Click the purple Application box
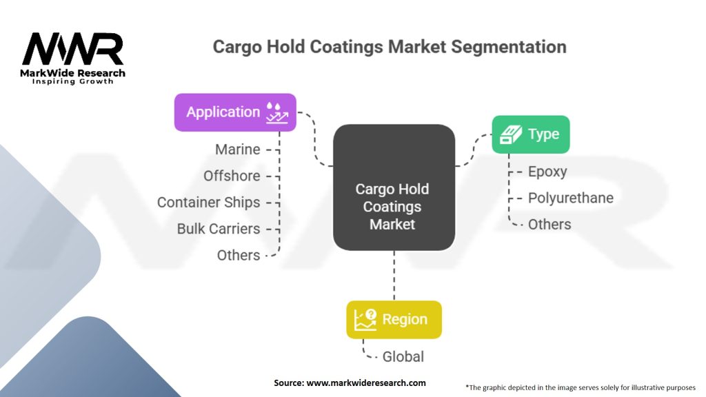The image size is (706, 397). point(235,112)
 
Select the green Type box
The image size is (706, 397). point(530,134)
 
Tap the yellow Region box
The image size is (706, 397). point(394,320)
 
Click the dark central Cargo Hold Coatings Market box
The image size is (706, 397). point(394,187)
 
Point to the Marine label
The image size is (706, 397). point(238,150)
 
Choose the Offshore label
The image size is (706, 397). point(232,176)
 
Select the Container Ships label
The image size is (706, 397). point(208,203)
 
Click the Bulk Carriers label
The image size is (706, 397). point(219,229)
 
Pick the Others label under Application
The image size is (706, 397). point(239,255)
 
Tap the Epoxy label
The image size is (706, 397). point(547,172)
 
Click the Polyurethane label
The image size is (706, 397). point(571,198)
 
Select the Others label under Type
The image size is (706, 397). point(549,224)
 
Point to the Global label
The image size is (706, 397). point(403,356)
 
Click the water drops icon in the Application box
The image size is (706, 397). point(276,112)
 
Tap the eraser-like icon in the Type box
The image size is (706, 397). point(511,134)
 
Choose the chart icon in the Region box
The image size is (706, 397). point(365,320)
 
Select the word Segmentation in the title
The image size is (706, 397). point(509,48)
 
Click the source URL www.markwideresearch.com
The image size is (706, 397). point(366,383)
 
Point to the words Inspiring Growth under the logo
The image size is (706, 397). point(72,81)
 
